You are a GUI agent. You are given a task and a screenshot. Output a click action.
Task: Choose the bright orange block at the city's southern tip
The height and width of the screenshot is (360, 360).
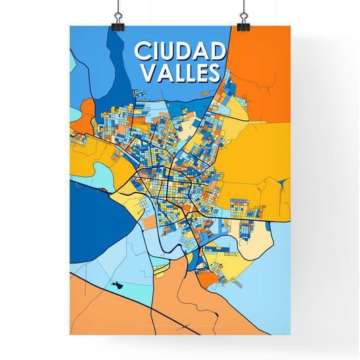207,277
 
